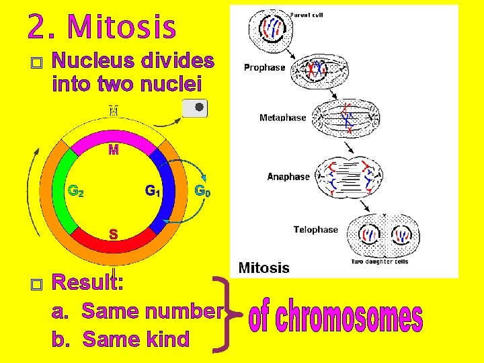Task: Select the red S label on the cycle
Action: pyautogui.click(x=114, y=235)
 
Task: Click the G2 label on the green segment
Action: pyautogui.click(x=77, y=191)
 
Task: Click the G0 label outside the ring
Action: pyautogui.click(x=202, y=191)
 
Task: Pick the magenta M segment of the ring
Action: pyautogui.click(x=113, y=149)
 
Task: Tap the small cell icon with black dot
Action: pyautogui.click(x=196, y=108)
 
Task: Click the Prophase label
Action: pyautogui.click(x=264, y=67)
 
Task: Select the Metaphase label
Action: pyautogui.click(x=282, y=118)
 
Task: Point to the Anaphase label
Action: pyautogui.click(x=288, y=177)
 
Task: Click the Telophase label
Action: pyautogui.click(x=315, y=230)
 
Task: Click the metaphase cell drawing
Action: pyautogui.click(x=347, y=119)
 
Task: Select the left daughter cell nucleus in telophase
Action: pyautogui.click(x=369, y=235)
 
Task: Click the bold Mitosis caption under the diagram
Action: pyautogui.click(x=264, y=268)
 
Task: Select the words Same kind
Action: pyautogui.click(x=136, y=339)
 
